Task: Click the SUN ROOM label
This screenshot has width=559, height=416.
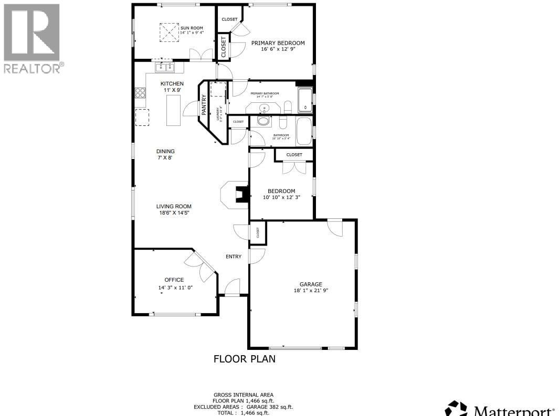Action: pos(192,28)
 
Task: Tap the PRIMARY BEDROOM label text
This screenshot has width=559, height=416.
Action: pos(278,43)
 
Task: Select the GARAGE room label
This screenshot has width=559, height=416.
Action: pos(311,284)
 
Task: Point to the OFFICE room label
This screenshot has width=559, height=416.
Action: pos(174,280)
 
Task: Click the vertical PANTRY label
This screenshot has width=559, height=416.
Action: pos(204,105)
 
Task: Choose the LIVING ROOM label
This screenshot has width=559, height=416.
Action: pos(174,206)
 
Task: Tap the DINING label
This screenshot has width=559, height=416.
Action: pos(165,151)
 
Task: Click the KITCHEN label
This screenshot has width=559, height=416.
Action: pos(172,83)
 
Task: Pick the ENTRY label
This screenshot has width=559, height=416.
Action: pos(234,257)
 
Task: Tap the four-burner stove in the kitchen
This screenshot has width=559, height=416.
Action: pos(140,93)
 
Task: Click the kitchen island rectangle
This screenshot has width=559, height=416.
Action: pos(173,110)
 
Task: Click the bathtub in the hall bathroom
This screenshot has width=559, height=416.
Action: pos(304,131)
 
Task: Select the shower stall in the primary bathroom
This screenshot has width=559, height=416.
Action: pos(304,100)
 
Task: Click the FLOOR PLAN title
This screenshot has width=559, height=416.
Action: pos(244,359)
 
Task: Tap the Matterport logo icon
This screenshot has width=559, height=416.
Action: pos(456,409)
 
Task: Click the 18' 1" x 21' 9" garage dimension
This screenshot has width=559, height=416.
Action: pos(311,291)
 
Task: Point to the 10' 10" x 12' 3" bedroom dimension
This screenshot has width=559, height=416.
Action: pos(281,197)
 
